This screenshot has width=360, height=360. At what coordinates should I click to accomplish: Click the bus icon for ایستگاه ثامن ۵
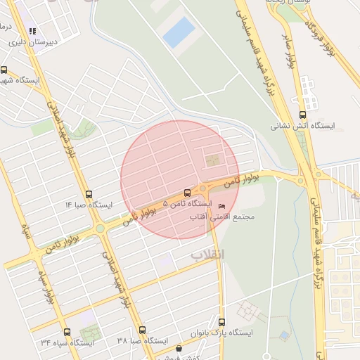click(186, 193)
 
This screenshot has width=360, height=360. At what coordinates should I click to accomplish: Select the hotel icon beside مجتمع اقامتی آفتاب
click(222, 206)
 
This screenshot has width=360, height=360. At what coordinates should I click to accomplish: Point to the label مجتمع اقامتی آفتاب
click(223, 217)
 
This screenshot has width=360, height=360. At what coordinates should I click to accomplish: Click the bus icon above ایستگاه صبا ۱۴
click(89, 193)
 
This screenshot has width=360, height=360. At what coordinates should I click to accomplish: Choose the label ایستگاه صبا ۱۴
click(89, 205)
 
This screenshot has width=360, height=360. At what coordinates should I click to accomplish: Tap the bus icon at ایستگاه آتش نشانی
click(303, 115)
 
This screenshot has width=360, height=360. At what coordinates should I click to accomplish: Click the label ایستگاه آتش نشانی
click(304, 127)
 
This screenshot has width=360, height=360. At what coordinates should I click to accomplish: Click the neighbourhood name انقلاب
click(207, 253)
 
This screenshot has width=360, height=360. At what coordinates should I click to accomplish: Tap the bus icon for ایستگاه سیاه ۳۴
click(67, 331)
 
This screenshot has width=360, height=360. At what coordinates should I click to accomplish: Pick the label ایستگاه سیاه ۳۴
click(67, 342)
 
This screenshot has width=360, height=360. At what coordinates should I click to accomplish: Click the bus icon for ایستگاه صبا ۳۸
click(143, 330)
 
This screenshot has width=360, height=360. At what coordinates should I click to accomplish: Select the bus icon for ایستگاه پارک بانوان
click(222, 321)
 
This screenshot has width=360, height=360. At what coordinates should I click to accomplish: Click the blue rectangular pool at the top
click(179, 32)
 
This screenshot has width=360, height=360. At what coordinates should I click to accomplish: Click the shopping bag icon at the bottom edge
click(179, 349)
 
